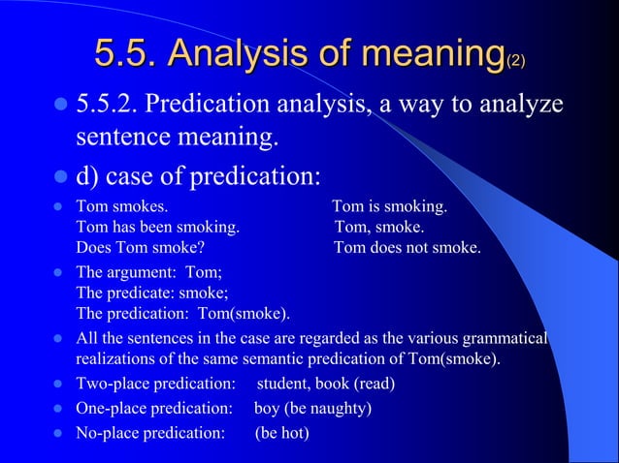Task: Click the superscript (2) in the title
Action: pos(516,61)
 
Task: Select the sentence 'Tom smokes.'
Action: pos(121,207)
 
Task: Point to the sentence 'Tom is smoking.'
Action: pos(389,207)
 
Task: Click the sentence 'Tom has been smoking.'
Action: pos(157,228)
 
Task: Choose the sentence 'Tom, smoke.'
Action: pos(379,228)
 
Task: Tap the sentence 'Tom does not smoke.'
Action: pos(407,248)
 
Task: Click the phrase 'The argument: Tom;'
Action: pos(149,273)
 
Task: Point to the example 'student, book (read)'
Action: pos(325,384)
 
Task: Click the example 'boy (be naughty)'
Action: pos(312,408)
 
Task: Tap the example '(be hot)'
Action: pos(281,432)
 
